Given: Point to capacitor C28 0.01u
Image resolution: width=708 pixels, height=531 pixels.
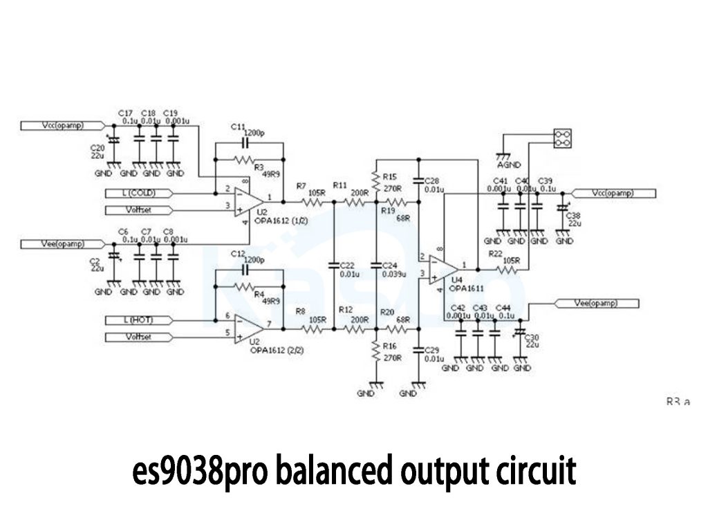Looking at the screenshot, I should coord(418,182).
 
